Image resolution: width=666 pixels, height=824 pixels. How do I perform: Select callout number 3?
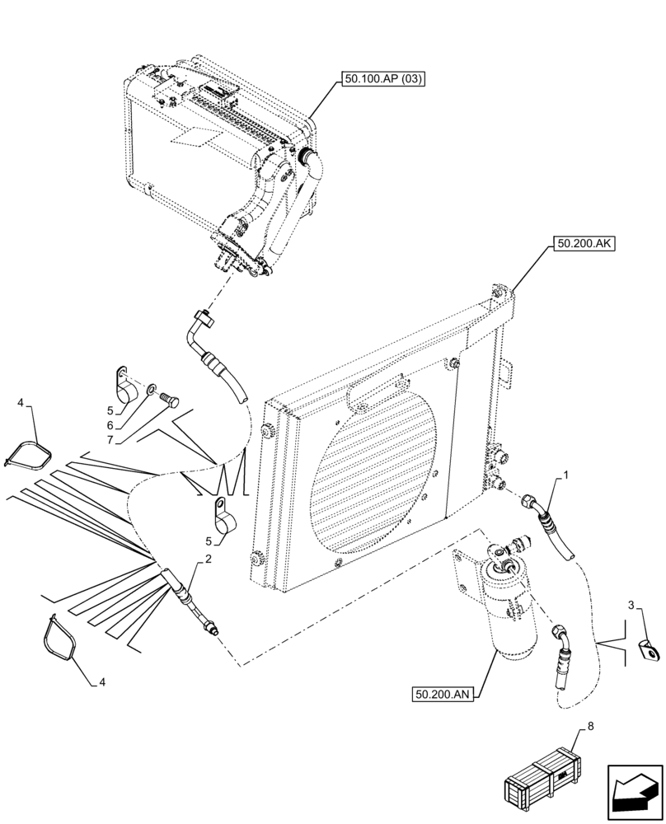click(x=631, y=607)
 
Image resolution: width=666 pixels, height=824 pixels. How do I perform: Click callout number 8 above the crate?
click(x=589, y=726)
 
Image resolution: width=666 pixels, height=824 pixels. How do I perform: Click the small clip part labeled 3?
click(x=651, y=652)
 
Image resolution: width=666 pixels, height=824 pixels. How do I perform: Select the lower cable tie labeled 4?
click(x=60, y=638)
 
